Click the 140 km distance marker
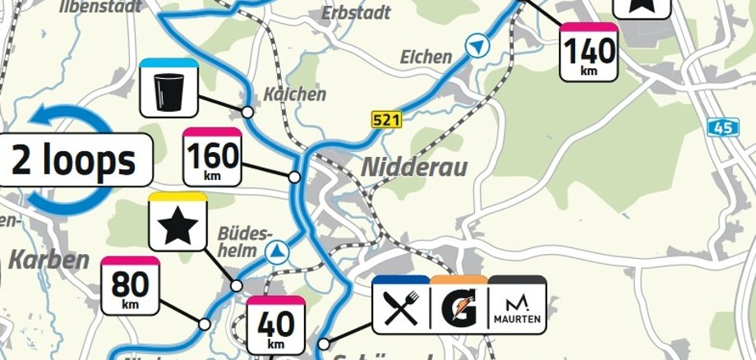[589, 53]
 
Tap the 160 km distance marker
[212, 156]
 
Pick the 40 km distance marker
[275, 326]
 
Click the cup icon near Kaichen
[167, 87]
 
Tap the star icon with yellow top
[177, 223]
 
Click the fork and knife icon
[400, 306]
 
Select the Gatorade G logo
[459, 306]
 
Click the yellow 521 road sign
[386, 120]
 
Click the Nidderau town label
[415, 168]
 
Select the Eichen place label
[426, 57]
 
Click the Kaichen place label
[294, 95]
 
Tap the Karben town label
[48, 261]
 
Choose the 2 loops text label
[73, 160]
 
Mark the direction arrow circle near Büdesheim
[281, 251]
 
